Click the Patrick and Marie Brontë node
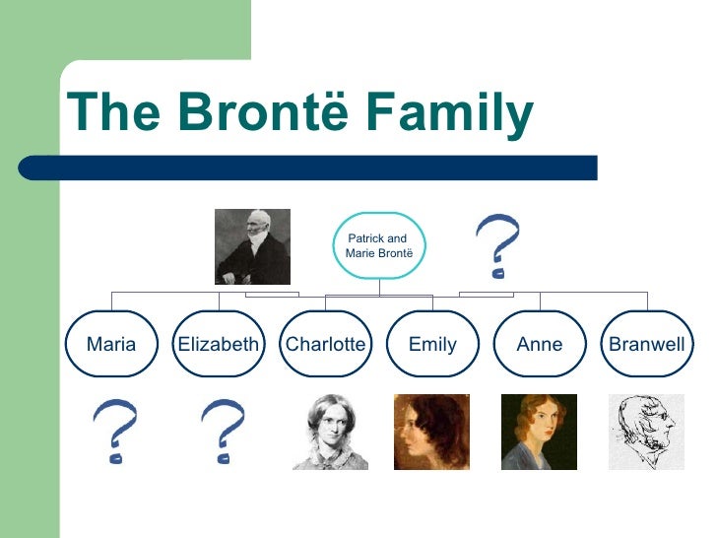tap(379, 246)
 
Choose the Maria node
tap(111, 344)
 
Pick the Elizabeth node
tap(218, 344)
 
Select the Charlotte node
tap(325, 344)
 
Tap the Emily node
tap(432, 344)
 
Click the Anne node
tap(540, 344)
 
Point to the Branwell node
tap(647, 344)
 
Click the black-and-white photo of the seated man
tap(253, 246)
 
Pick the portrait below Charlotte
tap(330, 432)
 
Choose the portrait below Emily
tap(431, 432)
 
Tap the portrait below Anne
tap(539, 432)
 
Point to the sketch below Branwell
tap(646, 432)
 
